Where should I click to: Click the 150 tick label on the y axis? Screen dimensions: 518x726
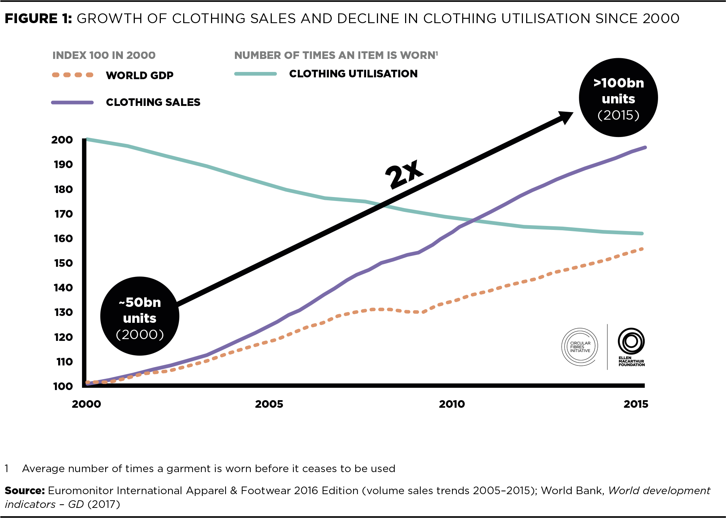point(63,263)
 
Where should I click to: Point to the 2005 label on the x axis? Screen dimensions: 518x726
point(269,404)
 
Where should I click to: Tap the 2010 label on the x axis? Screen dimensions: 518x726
point(452,404)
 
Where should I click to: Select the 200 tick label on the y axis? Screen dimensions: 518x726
point(62,140)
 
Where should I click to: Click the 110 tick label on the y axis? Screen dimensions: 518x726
point(64,362)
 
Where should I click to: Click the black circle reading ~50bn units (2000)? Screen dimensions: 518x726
point(140,316)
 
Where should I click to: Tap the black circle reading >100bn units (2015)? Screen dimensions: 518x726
point(618,98)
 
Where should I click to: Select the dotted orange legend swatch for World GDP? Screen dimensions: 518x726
point(73,75)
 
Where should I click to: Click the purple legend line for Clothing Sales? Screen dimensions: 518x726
point(72,103)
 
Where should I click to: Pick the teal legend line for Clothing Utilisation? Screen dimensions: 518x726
point(255,74)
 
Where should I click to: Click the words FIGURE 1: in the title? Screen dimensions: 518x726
point(38,18)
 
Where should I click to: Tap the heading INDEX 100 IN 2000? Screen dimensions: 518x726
point(104,55)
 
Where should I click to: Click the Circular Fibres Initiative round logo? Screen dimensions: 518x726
point(580,347)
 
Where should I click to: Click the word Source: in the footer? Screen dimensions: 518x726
point(25,491)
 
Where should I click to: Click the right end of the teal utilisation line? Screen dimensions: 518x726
point(641,234)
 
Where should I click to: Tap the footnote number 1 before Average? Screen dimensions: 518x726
point(7,468)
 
